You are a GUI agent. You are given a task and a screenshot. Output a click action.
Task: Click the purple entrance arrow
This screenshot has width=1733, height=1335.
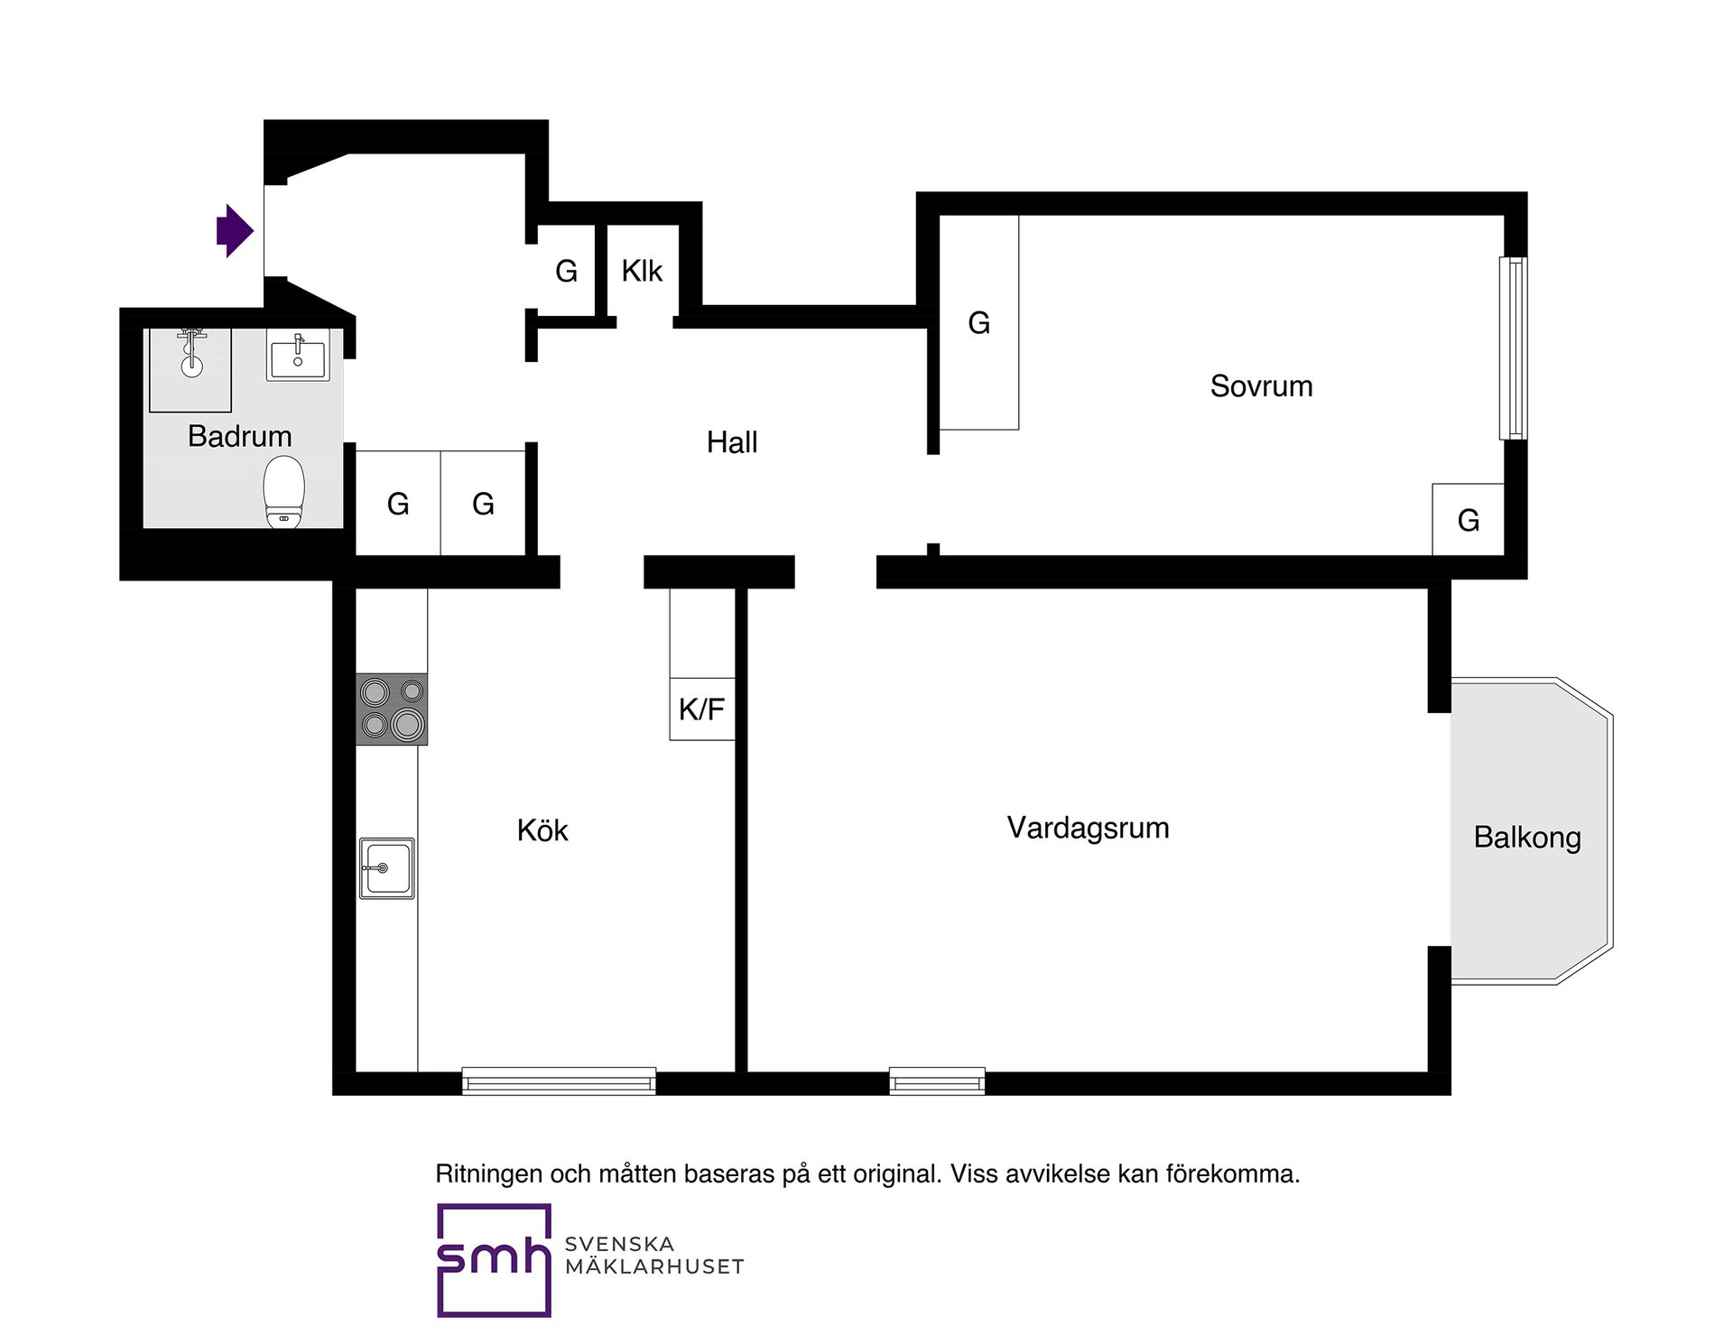click(235, 231)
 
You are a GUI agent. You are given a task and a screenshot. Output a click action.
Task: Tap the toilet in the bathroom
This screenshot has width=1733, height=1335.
click(283, 492)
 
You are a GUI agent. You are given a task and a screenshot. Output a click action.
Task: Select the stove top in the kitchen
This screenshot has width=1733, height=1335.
click(392, 709)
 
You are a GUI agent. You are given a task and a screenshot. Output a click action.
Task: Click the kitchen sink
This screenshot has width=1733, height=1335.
click(387, 868)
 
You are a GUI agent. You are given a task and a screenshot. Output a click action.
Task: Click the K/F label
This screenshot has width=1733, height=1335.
click(701, 709)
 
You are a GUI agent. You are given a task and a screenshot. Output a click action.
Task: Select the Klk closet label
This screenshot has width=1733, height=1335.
click(642, 271)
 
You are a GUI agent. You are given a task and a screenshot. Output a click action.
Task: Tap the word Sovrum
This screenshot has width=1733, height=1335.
click(1261, 386)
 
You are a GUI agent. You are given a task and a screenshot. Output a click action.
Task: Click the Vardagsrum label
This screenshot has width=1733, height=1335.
click(1088, 828)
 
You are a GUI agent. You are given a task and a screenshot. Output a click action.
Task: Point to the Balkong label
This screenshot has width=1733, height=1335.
click(1527, 838)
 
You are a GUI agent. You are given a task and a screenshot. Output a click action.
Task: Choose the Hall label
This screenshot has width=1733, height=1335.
click(732, 442)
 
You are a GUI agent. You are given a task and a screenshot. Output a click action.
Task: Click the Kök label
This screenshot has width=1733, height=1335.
click(542, 830)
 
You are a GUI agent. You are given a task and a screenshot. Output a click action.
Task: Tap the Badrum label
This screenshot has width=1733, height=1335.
click(239, 437)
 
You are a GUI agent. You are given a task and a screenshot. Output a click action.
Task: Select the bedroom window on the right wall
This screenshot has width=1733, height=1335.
click(1514, 348)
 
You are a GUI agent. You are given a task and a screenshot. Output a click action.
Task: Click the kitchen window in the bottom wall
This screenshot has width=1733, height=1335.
click(559, 1081)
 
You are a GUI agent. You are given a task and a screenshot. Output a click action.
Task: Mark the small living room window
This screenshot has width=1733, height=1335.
click(937, 1081)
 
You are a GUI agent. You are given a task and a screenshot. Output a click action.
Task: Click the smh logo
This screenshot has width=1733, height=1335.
click(494, 1260)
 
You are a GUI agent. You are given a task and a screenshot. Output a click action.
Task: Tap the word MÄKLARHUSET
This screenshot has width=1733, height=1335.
click(654, 1267)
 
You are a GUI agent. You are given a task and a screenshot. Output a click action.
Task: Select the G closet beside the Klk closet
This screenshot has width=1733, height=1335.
click(566, 271)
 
